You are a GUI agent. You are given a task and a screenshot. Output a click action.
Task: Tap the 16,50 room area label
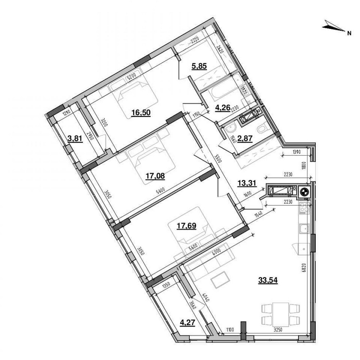141,112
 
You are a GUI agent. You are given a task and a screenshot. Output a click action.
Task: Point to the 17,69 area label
186,226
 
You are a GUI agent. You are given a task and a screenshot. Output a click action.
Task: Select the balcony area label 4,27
188,323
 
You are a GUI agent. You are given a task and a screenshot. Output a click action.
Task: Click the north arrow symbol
333,26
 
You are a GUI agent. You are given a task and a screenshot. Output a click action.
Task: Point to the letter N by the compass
349,33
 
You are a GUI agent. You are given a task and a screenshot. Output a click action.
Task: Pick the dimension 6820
304,267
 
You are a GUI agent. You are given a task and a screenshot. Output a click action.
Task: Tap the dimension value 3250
277,329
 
